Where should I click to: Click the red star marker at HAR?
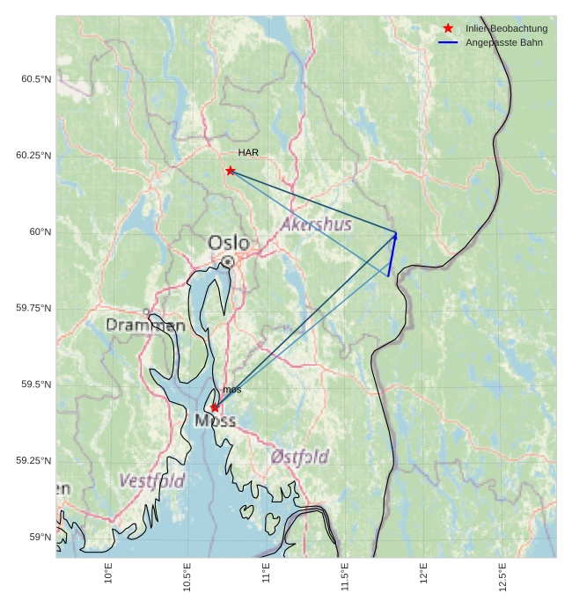231,171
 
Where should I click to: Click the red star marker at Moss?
215,407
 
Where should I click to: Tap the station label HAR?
248,152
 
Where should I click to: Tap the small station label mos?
231,389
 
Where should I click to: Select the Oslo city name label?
228,242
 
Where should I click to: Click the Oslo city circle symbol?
228,261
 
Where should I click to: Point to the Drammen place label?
145,325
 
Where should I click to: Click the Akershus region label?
316,224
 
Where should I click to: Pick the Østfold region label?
299,457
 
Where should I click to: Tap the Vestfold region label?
151,481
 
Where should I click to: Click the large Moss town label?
215,421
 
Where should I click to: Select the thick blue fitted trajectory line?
392,255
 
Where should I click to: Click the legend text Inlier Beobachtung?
506,28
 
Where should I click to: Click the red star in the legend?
448,28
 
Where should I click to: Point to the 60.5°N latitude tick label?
36,79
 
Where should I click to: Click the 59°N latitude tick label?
40,537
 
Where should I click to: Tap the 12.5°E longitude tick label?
502,577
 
